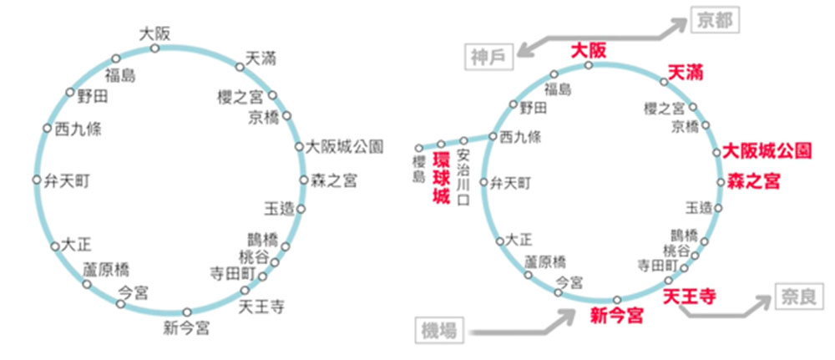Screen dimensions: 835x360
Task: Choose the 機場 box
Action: tap(439, 331)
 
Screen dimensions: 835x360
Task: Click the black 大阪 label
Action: tap(154, 34)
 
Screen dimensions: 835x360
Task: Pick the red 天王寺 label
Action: tap(689, 296)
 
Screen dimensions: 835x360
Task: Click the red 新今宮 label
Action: tap(617, 315)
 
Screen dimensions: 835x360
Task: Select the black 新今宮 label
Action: tap(186, 328)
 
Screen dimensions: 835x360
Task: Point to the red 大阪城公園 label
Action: tap(767, 150)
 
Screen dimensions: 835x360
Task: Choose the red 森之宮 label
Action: tap(753, 181)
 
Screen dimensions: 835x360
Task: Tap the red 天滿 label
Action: tap(686, 72)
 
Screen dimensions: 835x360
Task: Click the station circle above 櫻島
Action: tap(419, 148)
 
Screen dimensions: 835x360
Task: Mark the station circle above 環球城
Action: tap(441, 144)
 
